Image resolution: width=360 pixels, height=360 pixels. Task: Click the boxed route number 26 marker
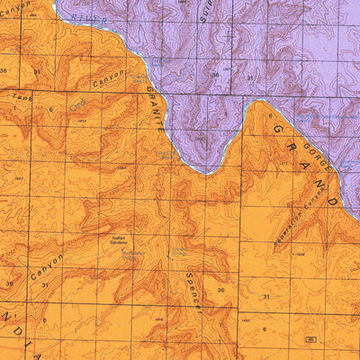pos(310,339)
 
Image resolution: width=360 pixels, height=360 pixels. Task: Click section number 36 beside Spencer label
pos(220,290)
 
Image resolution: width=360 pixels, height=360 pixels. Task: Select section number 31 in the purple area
pos(249,79)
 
